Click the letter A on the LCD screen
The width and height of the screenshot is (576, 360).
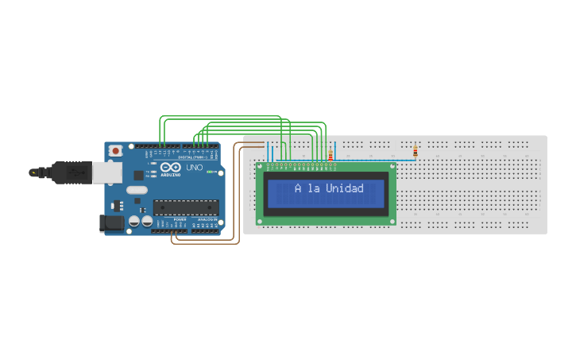click(x=298, y=188)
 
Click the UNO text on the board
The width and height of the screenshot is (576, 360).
click(x=195, y=168)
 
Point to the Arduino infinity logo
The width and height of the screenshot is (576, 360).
click(x=171, y=168)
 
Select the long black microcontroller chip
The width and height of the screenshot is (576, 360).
click(x=186, y=207)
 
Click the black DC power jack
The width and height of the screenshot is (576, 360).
click(x=112, y=223)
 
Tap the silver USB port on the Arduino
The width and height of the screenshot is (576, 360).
click(x=108, y=172)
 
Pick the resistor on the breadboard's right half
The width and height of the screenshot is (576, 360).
click(x=415, y=151)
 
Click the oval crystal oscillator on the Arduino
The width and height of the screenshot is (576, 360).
click(x=137, y=190)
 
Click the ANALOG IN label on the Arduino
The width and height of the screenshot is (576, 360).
click(x=207, y=219)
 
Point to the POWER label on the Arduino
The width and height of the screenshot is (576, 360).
click(x=180, y=219)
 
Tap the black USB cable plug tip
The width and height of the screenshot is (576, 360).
click(x=33, y=171)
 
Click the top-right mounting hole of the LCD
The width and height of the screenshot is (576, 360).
click(x=392, y=166)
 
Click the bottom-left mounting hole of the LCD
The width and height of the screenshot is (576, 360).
click(x=260, y=221)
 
